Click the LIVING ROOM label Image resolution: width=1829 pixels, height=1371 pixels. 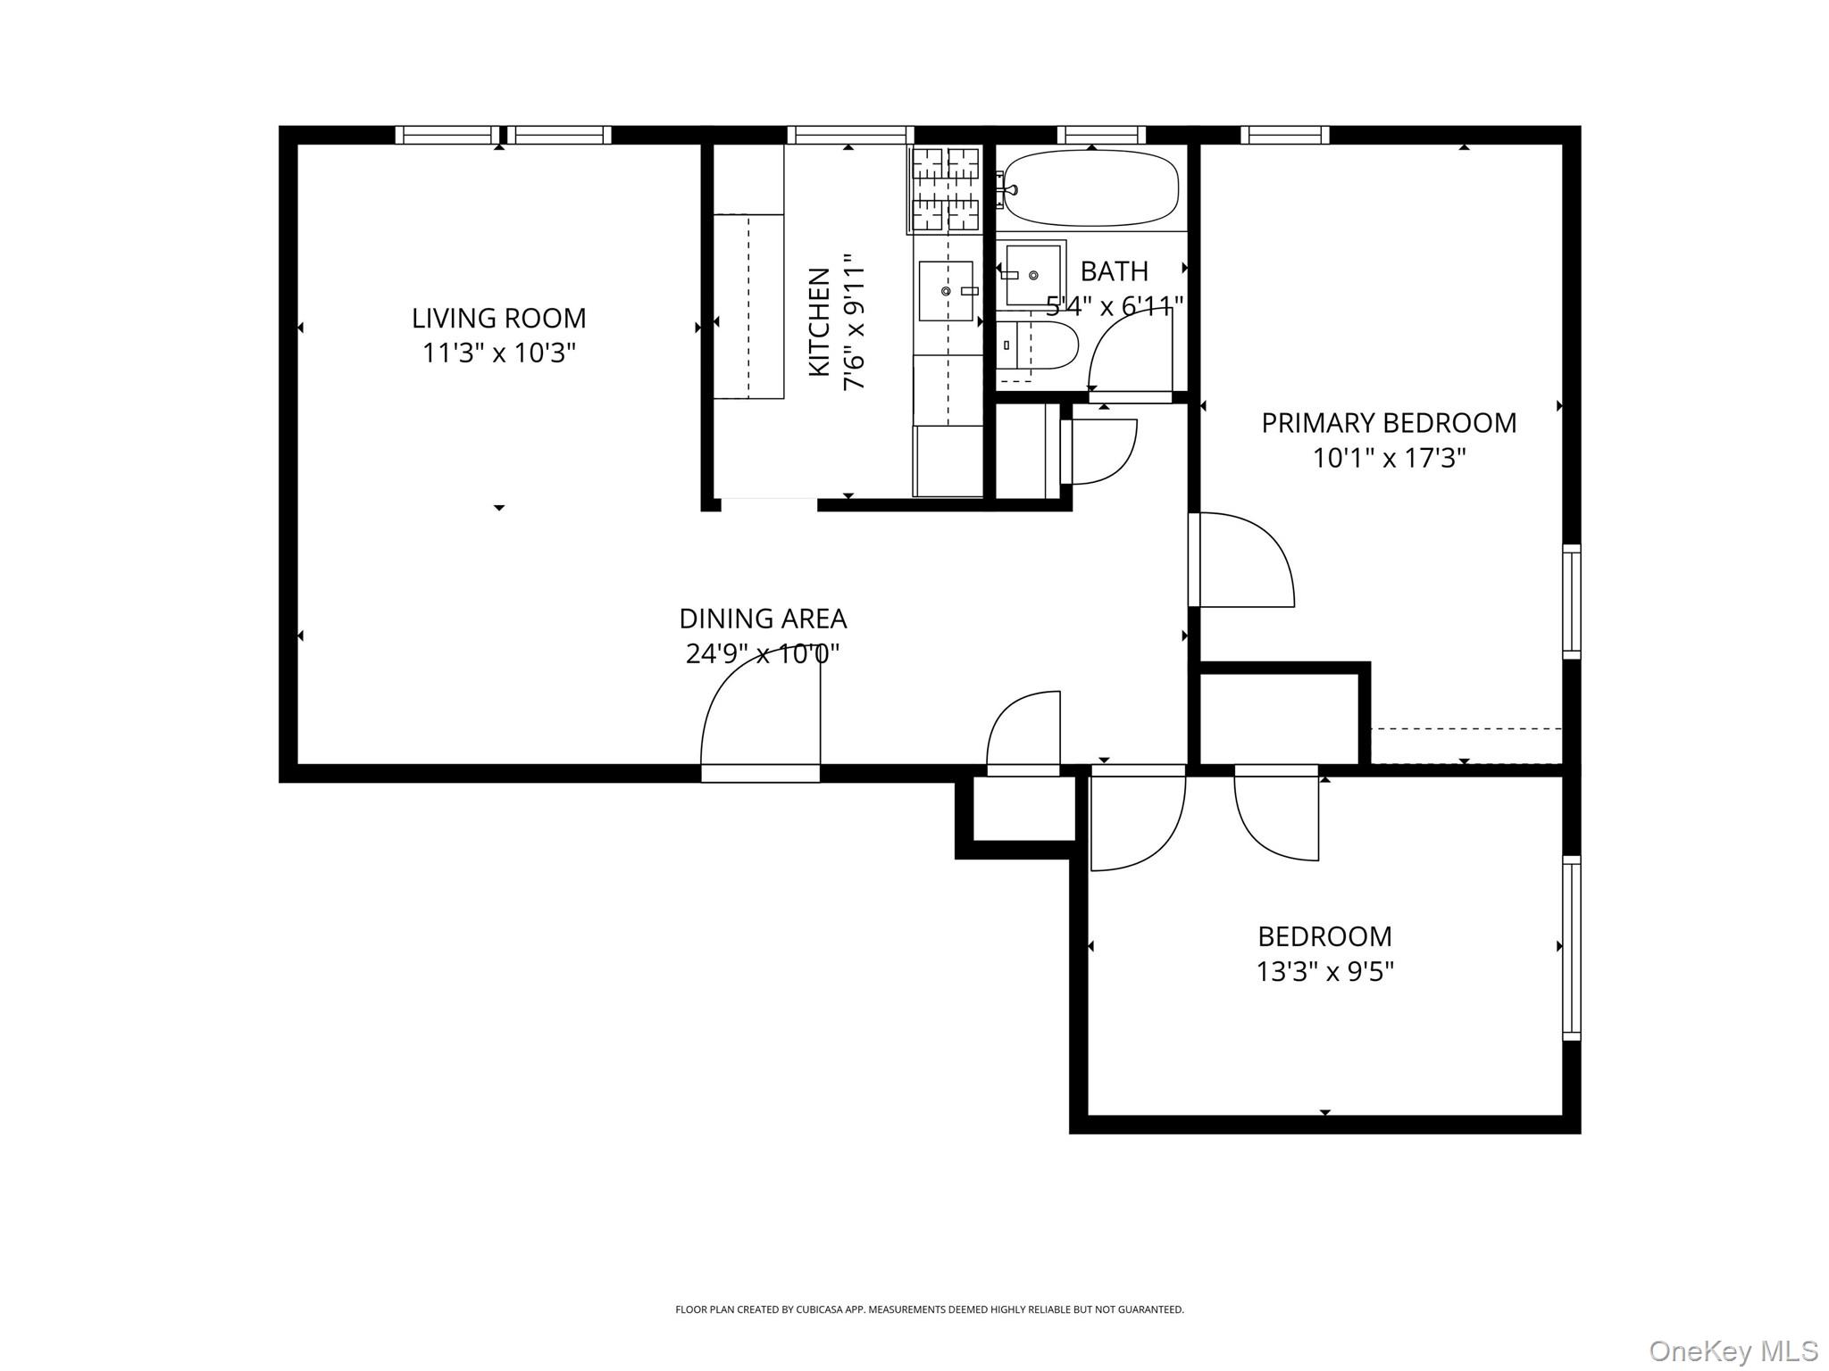498,318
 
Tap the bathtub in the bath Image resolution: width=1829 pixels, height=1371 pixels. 1090,188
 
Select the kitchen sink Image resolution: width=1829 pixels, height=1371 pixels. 946,291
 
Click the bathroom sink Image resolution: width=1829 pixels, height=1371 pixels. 1032,275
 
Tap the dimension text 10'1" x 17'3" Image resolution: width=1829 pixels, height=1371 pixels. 1389,459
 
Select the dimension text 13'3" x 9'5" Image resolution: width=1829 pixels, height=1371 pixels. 1324,971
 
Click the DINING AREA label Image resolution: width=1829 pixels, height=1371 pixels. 763,619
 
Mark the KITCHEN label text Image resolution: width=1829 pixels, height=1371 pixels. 819,322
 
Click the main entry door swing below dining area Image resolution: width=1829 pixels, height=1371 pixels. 759,714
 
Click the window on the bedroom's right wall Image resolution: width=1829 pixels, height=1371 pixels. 1571,948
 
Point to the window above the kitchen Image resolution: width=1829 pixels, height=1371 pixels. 849,135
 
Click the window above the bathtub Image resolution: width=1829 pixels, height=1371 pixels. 1101,135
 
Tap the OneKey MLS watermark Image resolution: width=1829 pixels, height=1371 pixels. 1733,1351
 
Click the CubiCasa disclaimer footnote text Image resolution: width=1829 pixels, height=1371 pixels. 929,1309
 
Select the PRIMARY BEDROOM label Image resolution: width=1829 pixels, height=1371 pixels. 1389,423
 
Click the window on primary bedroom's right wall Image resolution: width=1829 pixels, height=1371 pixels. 1571,602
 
